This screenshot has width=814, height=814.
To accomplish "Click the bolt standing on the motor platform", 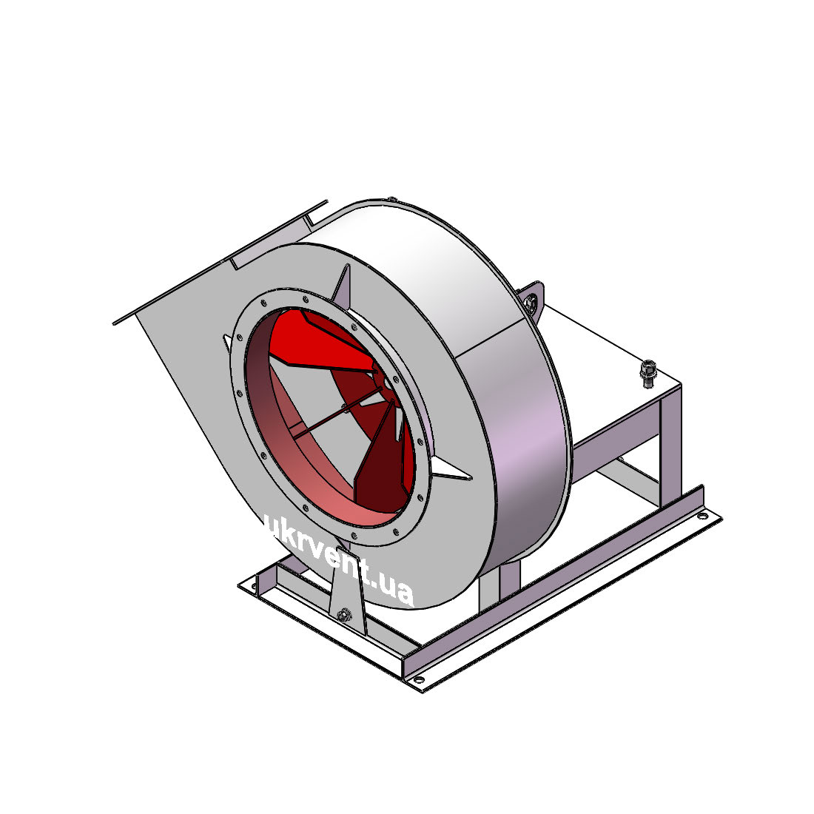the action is point(648,373).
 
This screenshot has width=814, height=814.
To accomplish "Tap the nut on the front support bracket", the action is point(343,615).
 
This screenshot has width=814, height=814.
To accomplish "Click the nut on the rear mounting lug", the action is point(531,302).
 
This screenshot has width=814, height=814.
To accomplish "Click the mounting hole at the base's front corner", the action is point(417,679).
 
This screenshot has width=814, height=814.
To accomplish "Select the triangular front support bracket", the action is point(347,592).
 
